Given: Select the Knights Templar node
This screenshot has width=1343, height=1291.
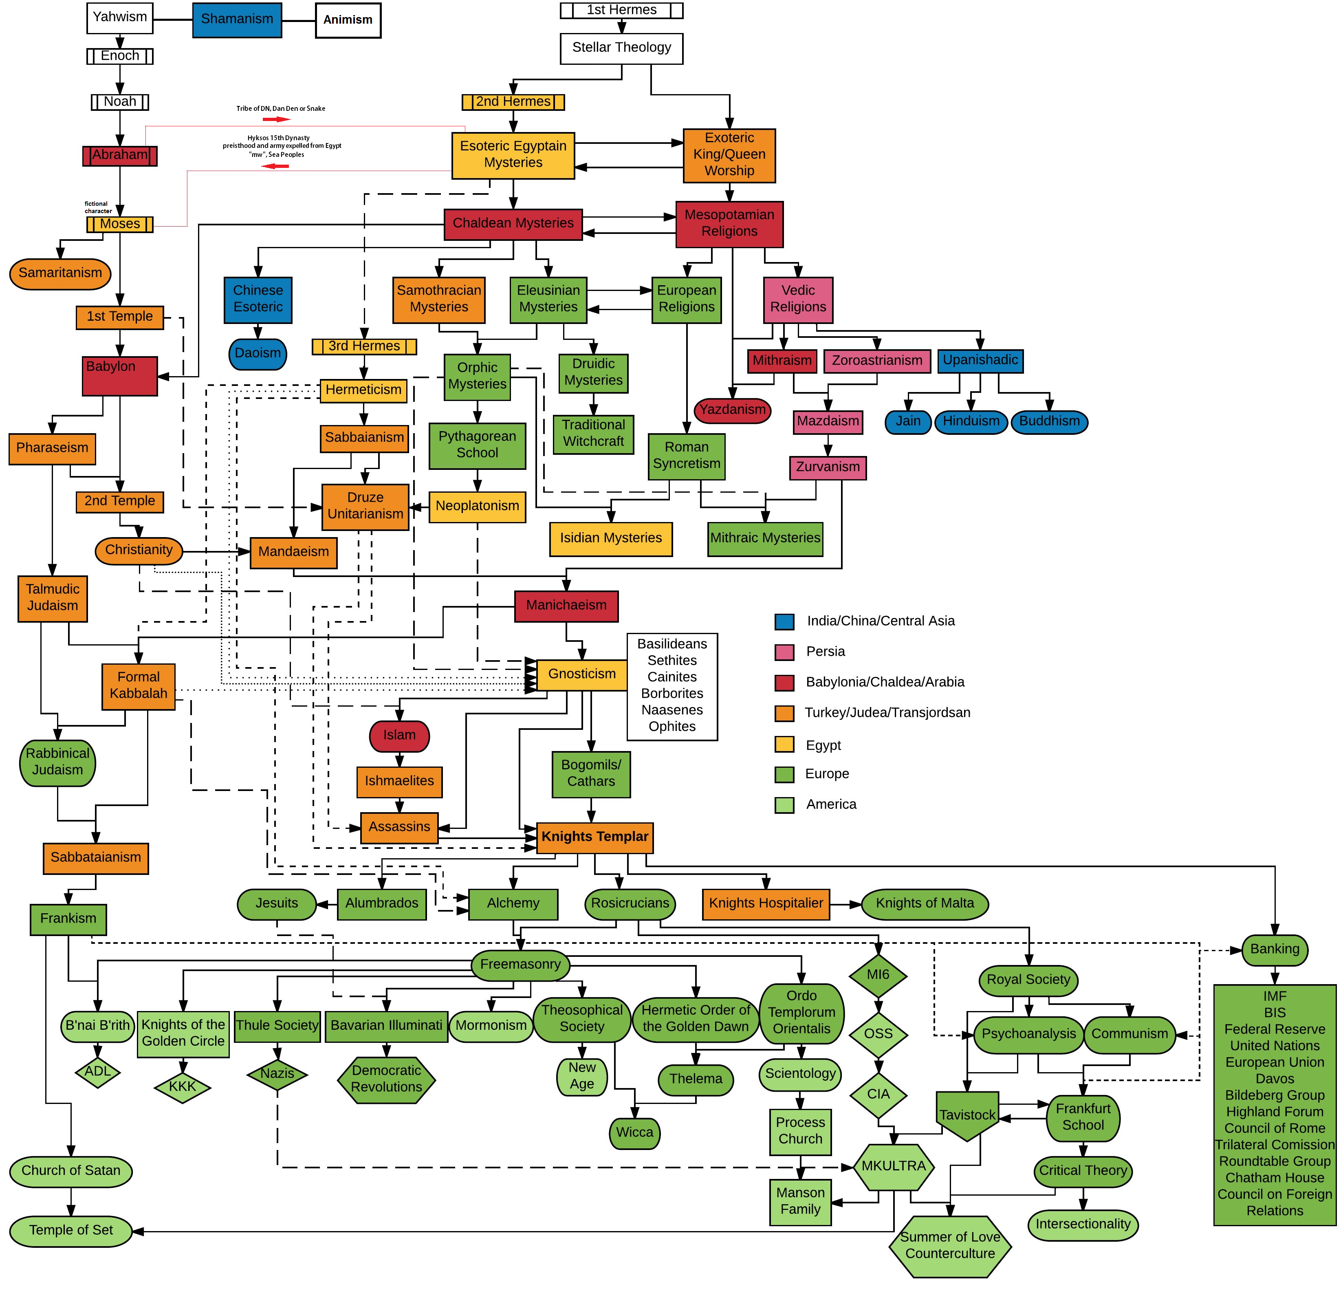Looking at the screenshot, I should pyautogui.click(x=594, y=837).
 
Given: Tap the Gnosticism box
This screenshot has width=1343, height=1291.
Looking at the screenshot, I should pyautogui.click(x=582, y=674).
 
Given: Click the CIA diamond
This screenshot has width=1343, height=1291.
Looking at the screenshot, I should pyautogui.click(x=878, y=1094).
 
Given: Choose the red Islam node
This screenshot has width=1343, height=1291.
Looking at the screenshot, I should pyautogui.click(x=399, y=735).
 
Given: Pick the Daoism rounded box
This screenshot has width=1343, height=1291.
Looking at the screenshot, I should pyautogui.click(x=257, y=354).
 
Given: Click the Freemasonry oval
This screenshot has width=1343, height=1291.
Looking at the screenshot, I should pyautogui.click(x=520, y=964).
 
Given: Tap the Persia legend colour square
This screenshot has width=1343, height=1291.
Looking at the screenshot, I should pyautogui.click(x=784, y=652).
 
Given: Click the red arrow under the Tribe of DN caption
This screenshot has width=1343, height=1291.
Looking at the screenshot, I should pyautogui.click(x=276, y=119).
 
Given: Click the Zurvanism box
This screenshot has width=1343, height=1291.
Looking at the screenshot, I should pyautogui.click(x=827, y=467).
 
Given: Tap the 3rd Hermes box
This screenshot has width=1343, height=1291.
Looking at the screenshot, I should pyautogui.click(x=364, y=347).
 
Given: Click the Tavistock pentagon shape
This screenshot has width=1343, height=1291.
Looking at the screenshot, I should pyautogui.click(x=967, y=1115).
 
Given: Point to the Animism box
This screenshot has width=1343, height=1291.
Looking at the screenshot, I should pyautogui.click(x=348, y=20).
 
